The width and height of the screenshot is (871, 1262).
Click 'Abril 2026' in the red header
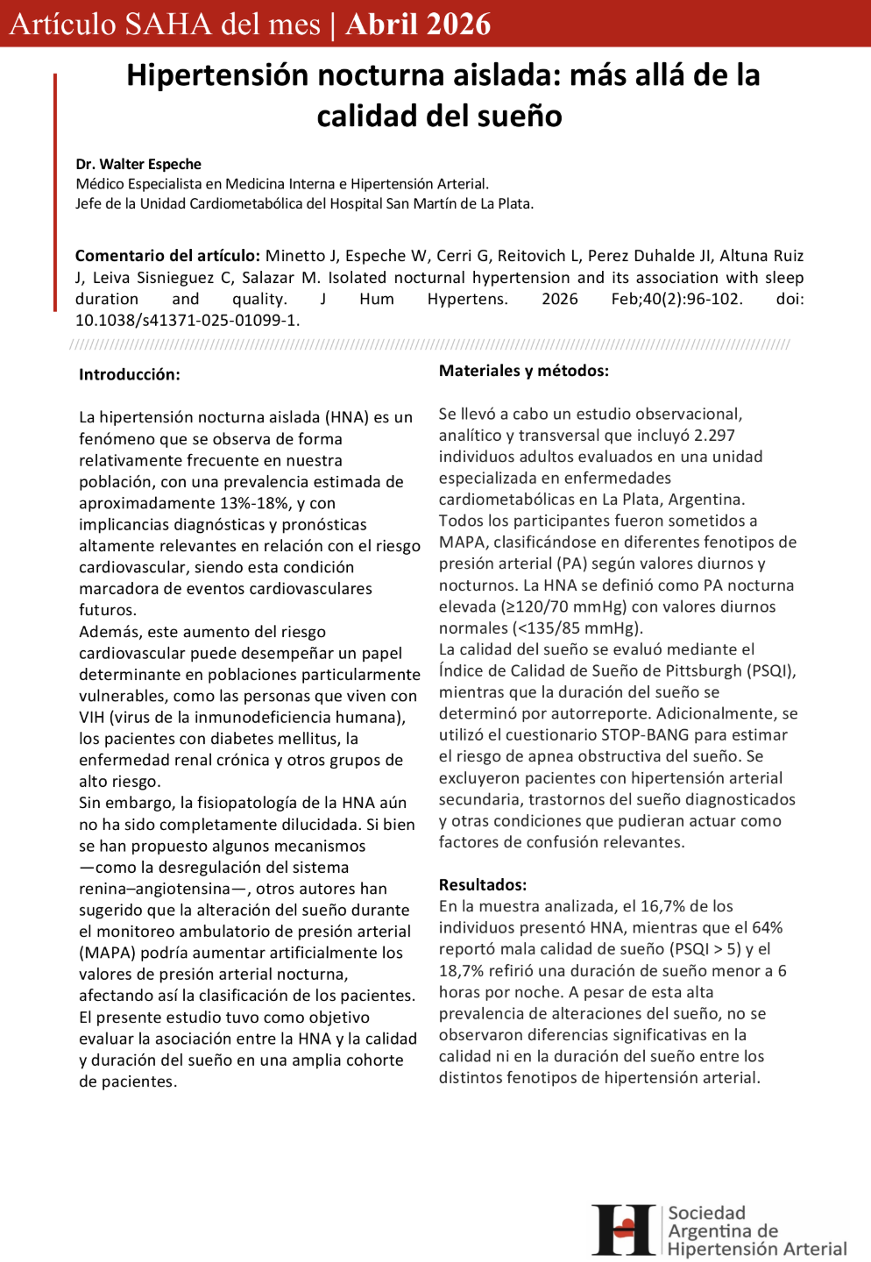tap(418, 24)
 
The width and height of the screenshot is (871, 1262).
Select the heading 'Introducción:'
tap(129, 374)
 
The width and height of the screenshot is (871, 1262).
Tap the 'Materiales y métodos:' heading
tap(523, 371)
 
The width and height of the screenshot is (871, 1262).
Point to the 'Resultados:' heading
tap(482, 884)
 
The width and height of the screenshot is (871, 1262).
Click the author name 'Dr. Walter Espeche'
tap(138, 164)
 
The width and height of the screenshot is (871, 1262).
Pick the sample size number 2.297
tap(714, 435)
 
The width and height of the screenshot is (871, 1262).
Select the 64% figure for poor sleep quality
tap(767, 927)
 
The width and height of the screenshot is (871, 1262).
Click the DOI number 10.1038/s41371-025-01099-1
tap(187, 320)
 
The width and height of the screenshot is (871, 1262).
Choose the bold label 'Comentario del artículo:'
tap(167, 255)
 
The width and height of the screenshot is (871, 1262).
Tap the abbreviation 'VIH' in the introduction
tap(91, 717)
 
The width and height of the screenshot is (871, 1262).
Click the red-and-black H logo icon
tap(624, 1230)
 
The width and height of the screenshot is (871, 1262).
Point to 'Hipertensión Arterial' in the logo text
tap(757, 1248)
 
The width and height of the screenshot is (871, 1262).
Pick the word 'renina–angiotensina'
tap(154, 889)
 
